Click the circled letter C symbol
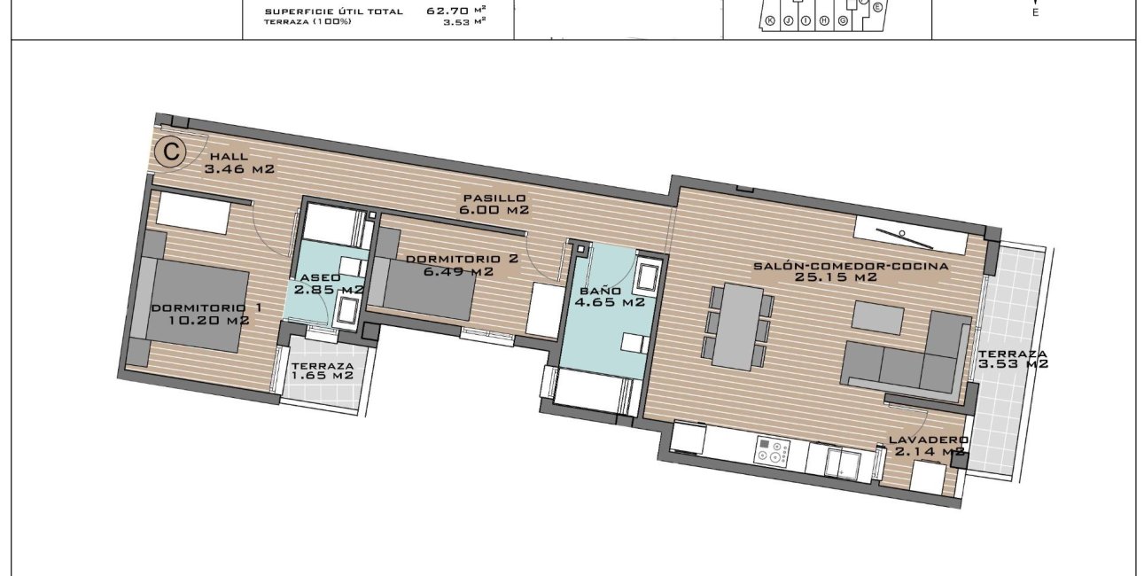[170, 152]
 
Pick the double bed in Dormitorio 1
[191, 306]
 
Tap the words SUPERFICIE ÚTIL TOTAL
[334, 12]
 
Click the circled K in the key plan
[769, 20]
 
